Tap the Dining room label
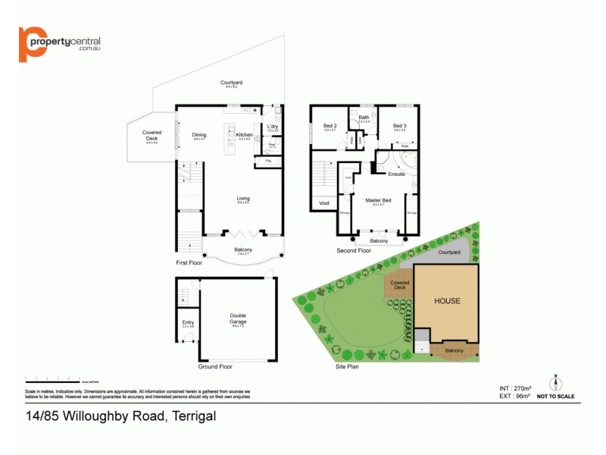click(x=198, y=134)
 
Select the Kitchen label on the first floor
click(x=245, y=134)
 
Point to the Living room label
click(x=243, y=199)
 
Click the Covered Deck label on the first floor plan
click(x=151, y=136)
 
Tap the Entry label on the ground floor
click(x=188, y=322)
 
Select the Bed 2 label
click(x=330, y=126)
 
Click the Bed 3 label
click(x=400, y=126)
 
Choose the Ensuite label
click(x=396, y=174)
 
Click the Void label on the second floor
click(x=324, y=202)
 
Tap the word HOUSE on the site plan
click(x=447, y=301)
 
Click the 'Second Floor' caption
click(x=355, y=249)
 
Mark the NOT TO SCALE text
click(x=556, y=396)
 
